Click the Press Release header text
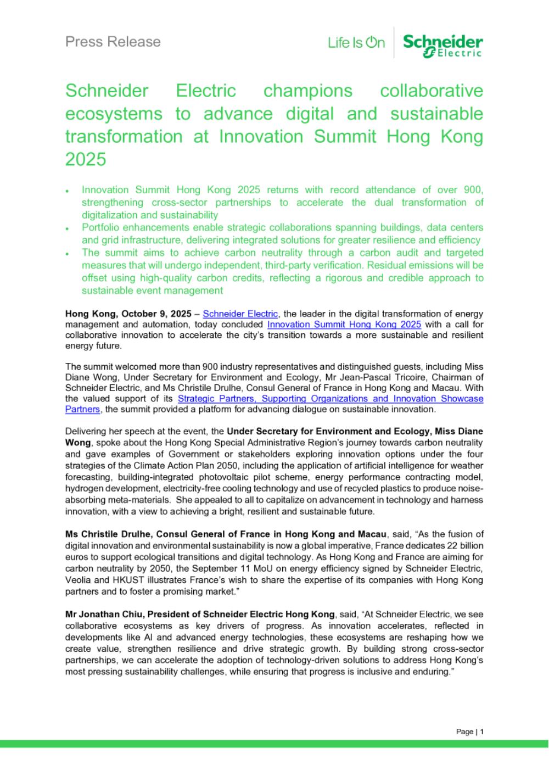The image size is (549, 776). (113, 42)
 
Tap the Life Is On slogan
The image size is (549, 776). (356, 43)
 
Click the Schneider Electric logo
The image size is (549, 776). (442, 45)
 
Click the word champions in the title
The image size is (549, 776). (308, 91)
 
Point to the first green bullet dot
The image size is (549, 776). (67, 191)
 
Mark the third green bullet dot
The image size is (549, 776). (67, 254)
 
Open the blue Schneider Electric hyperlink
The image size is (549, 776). (240, 314)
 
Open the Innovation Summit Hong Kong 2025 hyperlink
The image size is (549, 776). (344, 325)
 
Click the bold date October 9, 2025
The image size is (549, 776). (156, 314)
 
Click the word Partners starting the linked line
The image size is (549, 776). (82, 409)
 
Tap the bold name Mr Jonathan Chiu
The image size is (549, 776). (99, 614)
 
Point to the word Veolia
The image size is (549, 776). (79, 568)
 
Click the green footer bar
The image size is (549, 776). (274, 744)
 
